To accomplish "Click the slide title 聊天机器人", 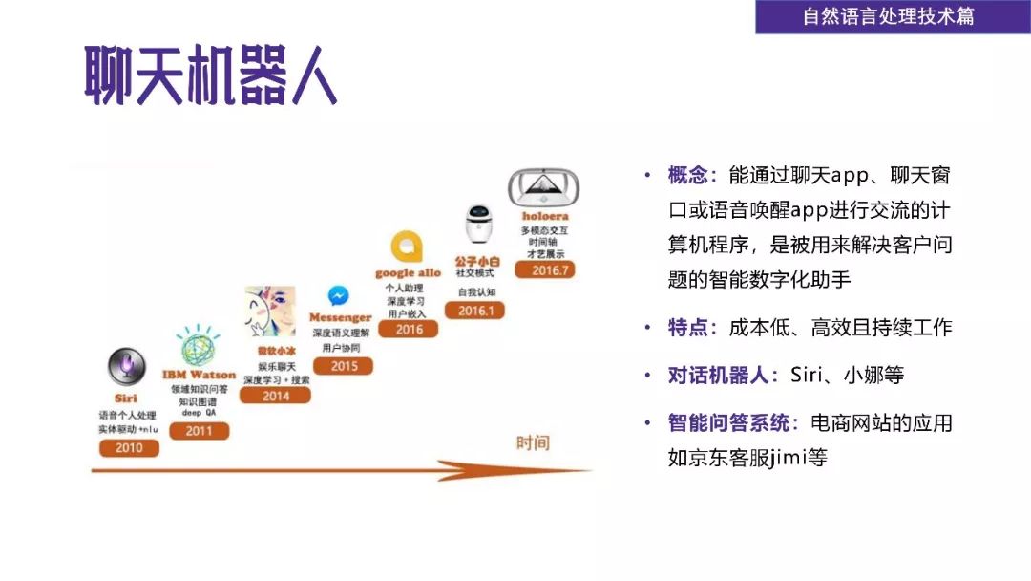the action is [211, 75].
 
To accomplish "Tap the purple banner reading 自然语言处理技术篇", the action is [888, 17].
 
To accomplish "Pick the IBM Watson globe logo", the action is [199, 347].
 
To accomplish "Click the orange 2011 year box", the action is [199, 430].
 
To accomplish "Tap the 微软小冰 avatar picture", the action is [270, 312].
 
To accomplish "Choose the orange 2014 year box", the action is [275, 395].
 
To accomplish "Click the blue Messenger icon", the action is [339, 296].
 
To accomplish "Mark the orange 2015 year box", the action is [343, 365].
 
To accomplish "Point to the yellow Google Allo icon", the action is [409, 247].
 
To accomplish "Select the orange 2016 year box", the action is [409, 329].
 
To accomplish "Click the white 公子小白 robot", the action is [477, 225].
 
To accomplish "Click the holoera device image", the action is [545, 188].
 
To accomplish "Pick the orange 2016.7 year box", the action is [545, 269].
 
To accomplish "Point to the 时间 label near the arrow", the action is [533, 442].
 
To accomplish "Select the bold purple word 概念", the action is [692, 176].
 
